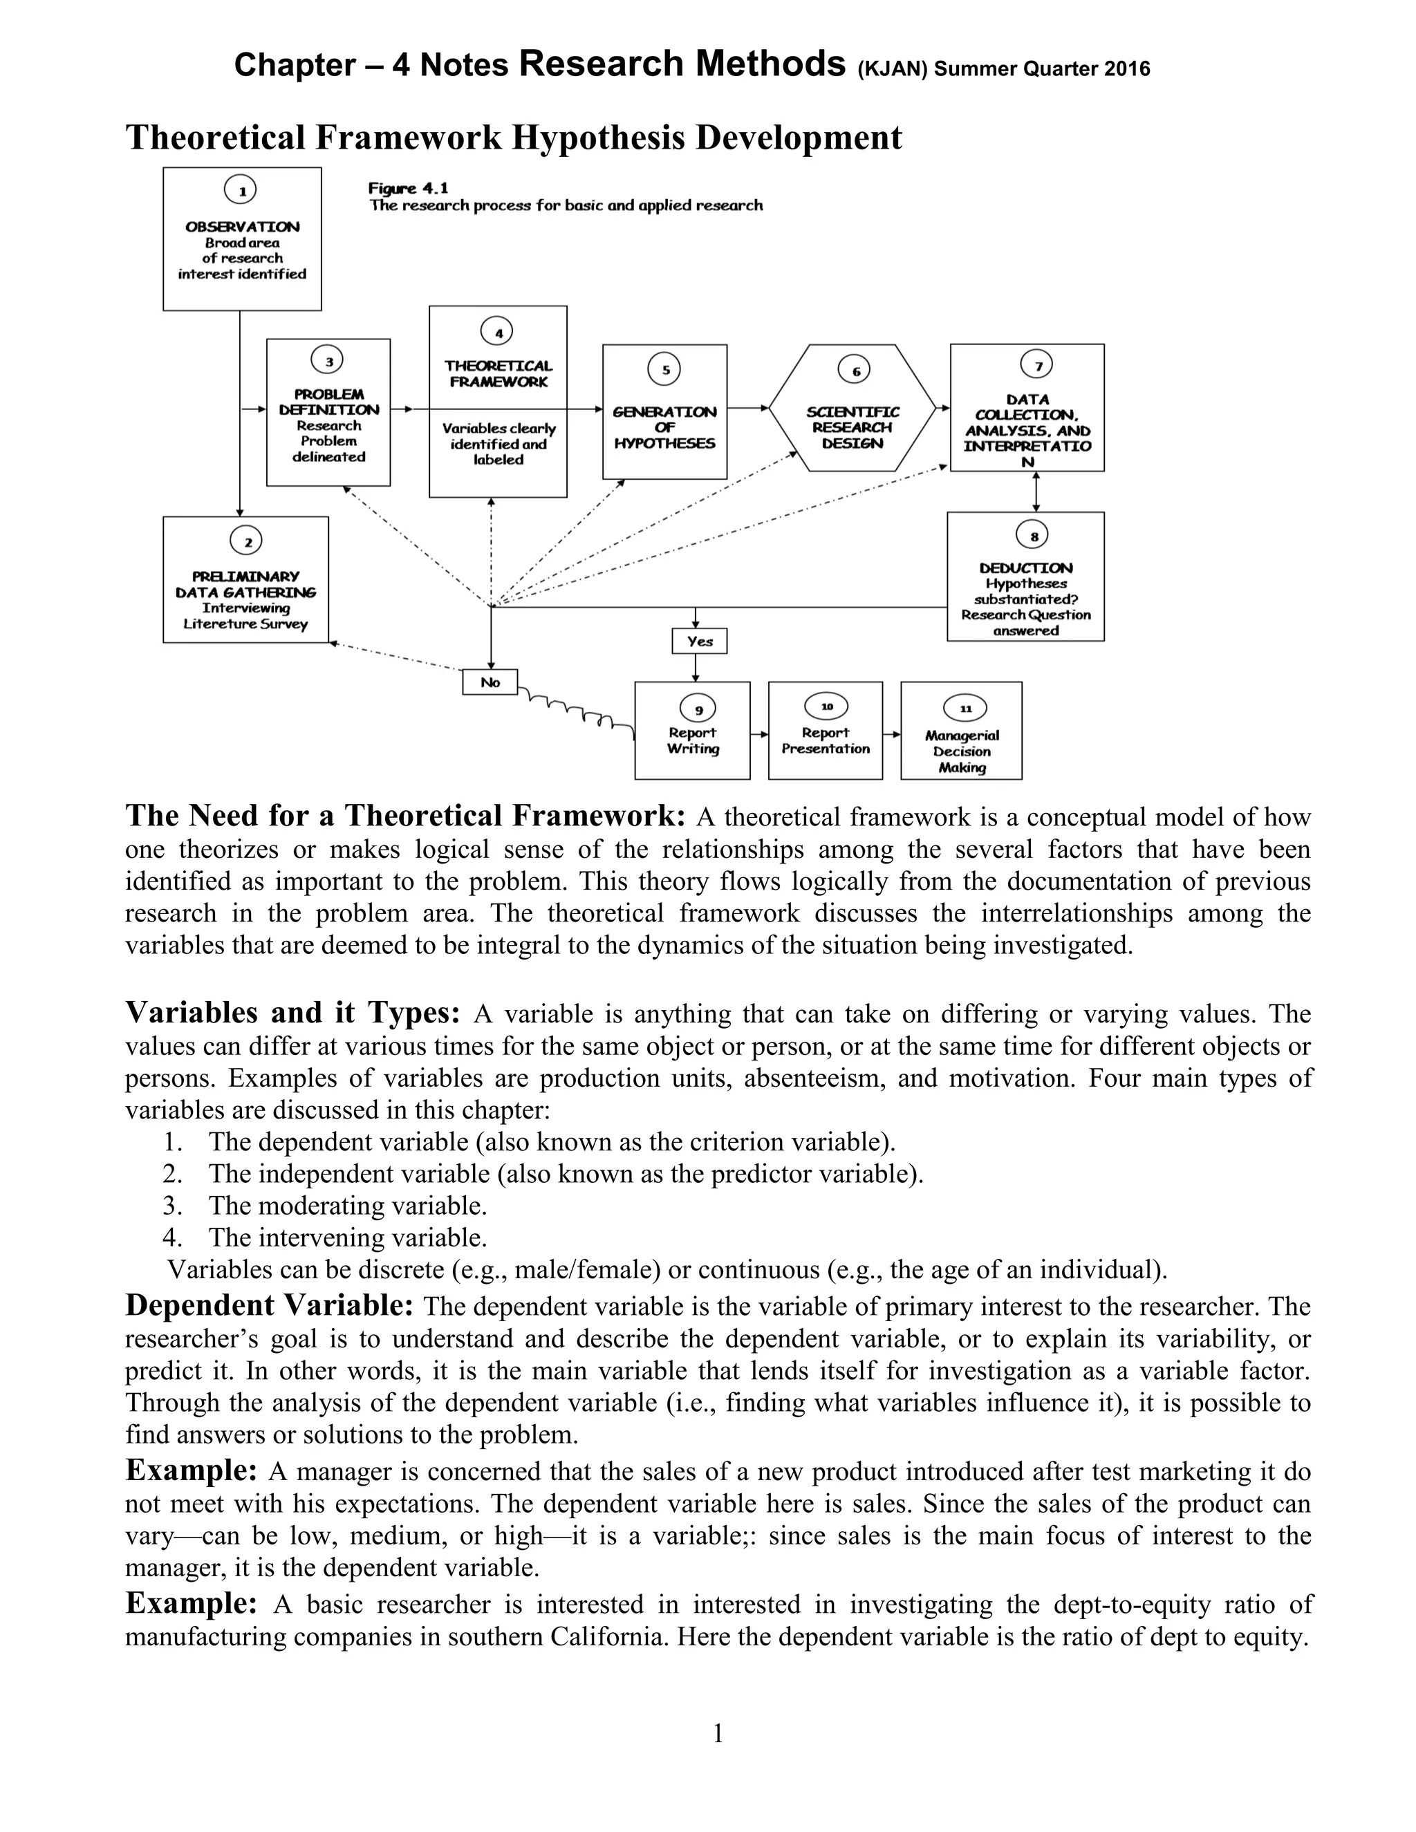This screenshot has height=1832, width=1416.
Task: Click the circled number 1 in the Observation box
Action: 241,191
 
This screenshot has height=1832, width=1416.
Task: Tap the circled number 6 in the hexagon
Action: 854,371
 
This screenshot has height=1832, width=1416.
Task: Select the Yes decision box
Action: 699,641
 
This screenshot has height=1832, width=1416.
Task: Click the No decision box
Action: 490,682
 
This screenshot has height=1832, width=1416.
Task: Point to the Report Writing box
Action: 692,731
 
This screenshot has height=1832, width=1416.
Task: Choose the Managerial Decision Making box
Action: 961,731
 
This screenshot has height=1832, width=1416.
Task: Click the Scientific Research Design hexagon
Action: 853,409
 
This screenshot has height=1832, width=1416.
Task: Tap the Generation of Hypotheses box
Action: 664,411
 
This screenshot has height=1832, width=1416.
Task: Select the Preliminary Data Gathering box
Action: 245,579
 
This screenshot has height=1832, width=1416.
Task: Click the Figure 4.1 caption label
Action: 408,189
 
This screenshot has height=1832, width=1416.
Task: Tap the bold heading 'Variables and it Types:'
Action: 292,1013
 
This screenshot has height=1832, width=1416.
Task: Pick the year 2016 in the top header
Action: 1126,68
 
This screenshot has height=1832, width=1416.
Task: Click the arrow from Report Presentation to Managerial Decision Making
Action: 892,735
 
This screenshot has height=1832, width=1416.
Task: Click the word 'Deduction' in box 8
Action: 1025,568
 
